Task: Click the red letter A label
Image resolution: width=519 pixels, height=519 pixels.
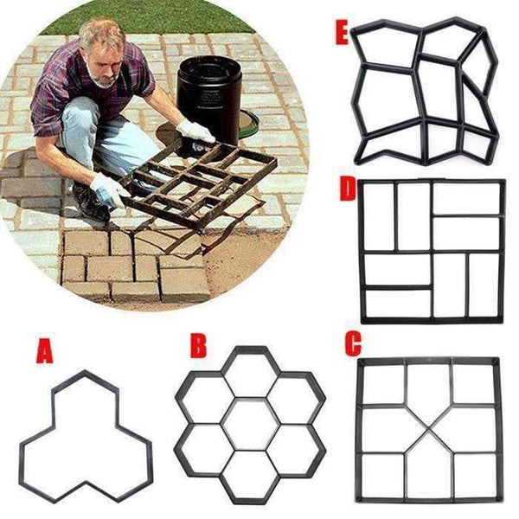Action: [43, 353]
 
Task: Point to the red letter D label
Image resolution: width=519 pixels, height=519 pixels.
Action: [348, 189]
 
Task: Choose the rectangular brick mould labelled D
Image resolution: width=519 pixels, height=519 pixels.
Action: [431, 251]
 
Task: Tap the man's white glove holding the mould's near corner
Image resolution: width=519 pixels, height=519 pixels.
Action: [109, 190]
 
